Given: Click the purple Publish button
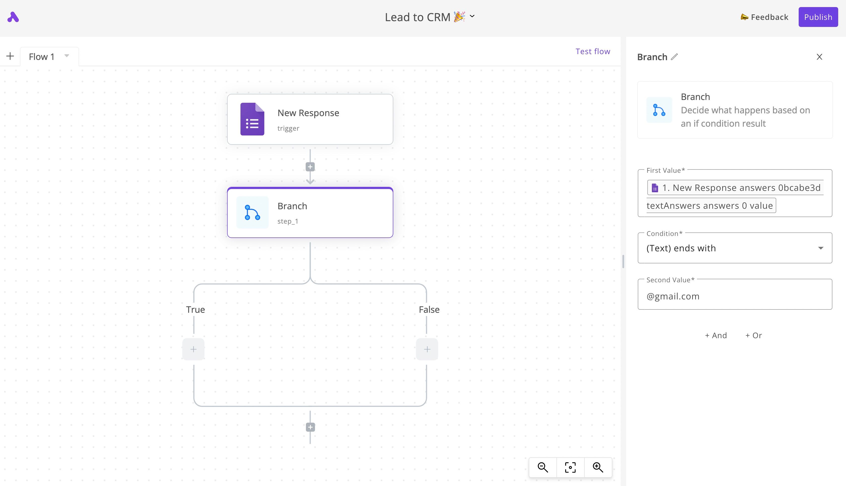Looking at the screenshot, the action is pos(818,17).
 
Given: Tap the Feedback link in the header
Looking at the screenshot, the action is pos(764,17).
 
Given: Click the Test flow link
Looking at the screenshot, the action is pos(593,51).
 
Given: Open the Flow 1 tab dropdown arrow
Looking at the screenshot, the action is pos(67,56).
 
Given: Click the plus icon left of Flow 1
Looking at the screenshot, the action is pos(10,56).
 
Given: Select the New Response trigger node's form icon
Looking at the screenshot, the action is pos(252,119).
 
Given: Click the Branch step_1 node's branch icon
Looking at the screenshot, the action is pos(252,213).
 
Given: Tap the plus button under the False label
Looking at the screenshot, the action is pos(427,350).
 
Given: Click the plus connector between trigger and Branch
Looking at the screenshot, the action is pos(310,167).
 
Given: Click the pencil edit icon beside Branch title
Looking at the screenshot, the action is pos(675,57).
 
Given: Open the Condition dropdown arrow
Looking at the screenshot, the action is pos(821,248).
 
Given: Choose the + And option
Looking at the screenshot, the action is pos(716,335).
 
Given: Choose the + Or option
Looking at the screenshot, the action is pos(754,335).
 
